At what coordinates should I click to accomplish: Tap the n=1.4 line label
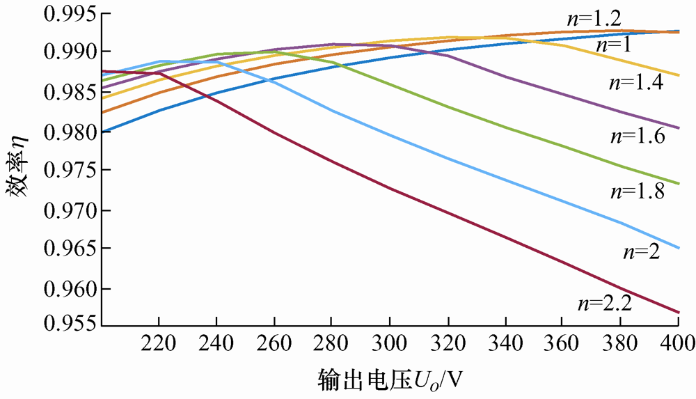[635, 83]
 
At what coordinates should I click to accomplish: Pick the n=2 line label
[640, 251]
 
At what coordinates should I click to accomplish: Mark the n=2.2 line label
[603, 302]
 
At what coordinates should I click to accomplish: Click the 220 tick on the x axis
[159, 343]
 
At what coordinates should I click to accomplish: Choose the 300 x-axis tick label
[390, 343]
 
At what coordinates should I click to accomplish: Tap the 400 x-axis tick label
[678, 343]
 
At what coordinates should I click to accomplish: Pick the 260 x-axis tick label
[275, 343]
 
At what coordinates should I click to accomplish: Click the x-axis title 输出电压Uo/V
[390, 380]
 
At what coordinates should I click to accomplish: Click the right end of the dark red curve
[679, 312]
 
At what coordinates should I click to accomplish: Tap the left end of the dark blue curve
[102, 131]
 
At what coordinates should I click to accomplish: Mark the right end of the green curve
[679, 184]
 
